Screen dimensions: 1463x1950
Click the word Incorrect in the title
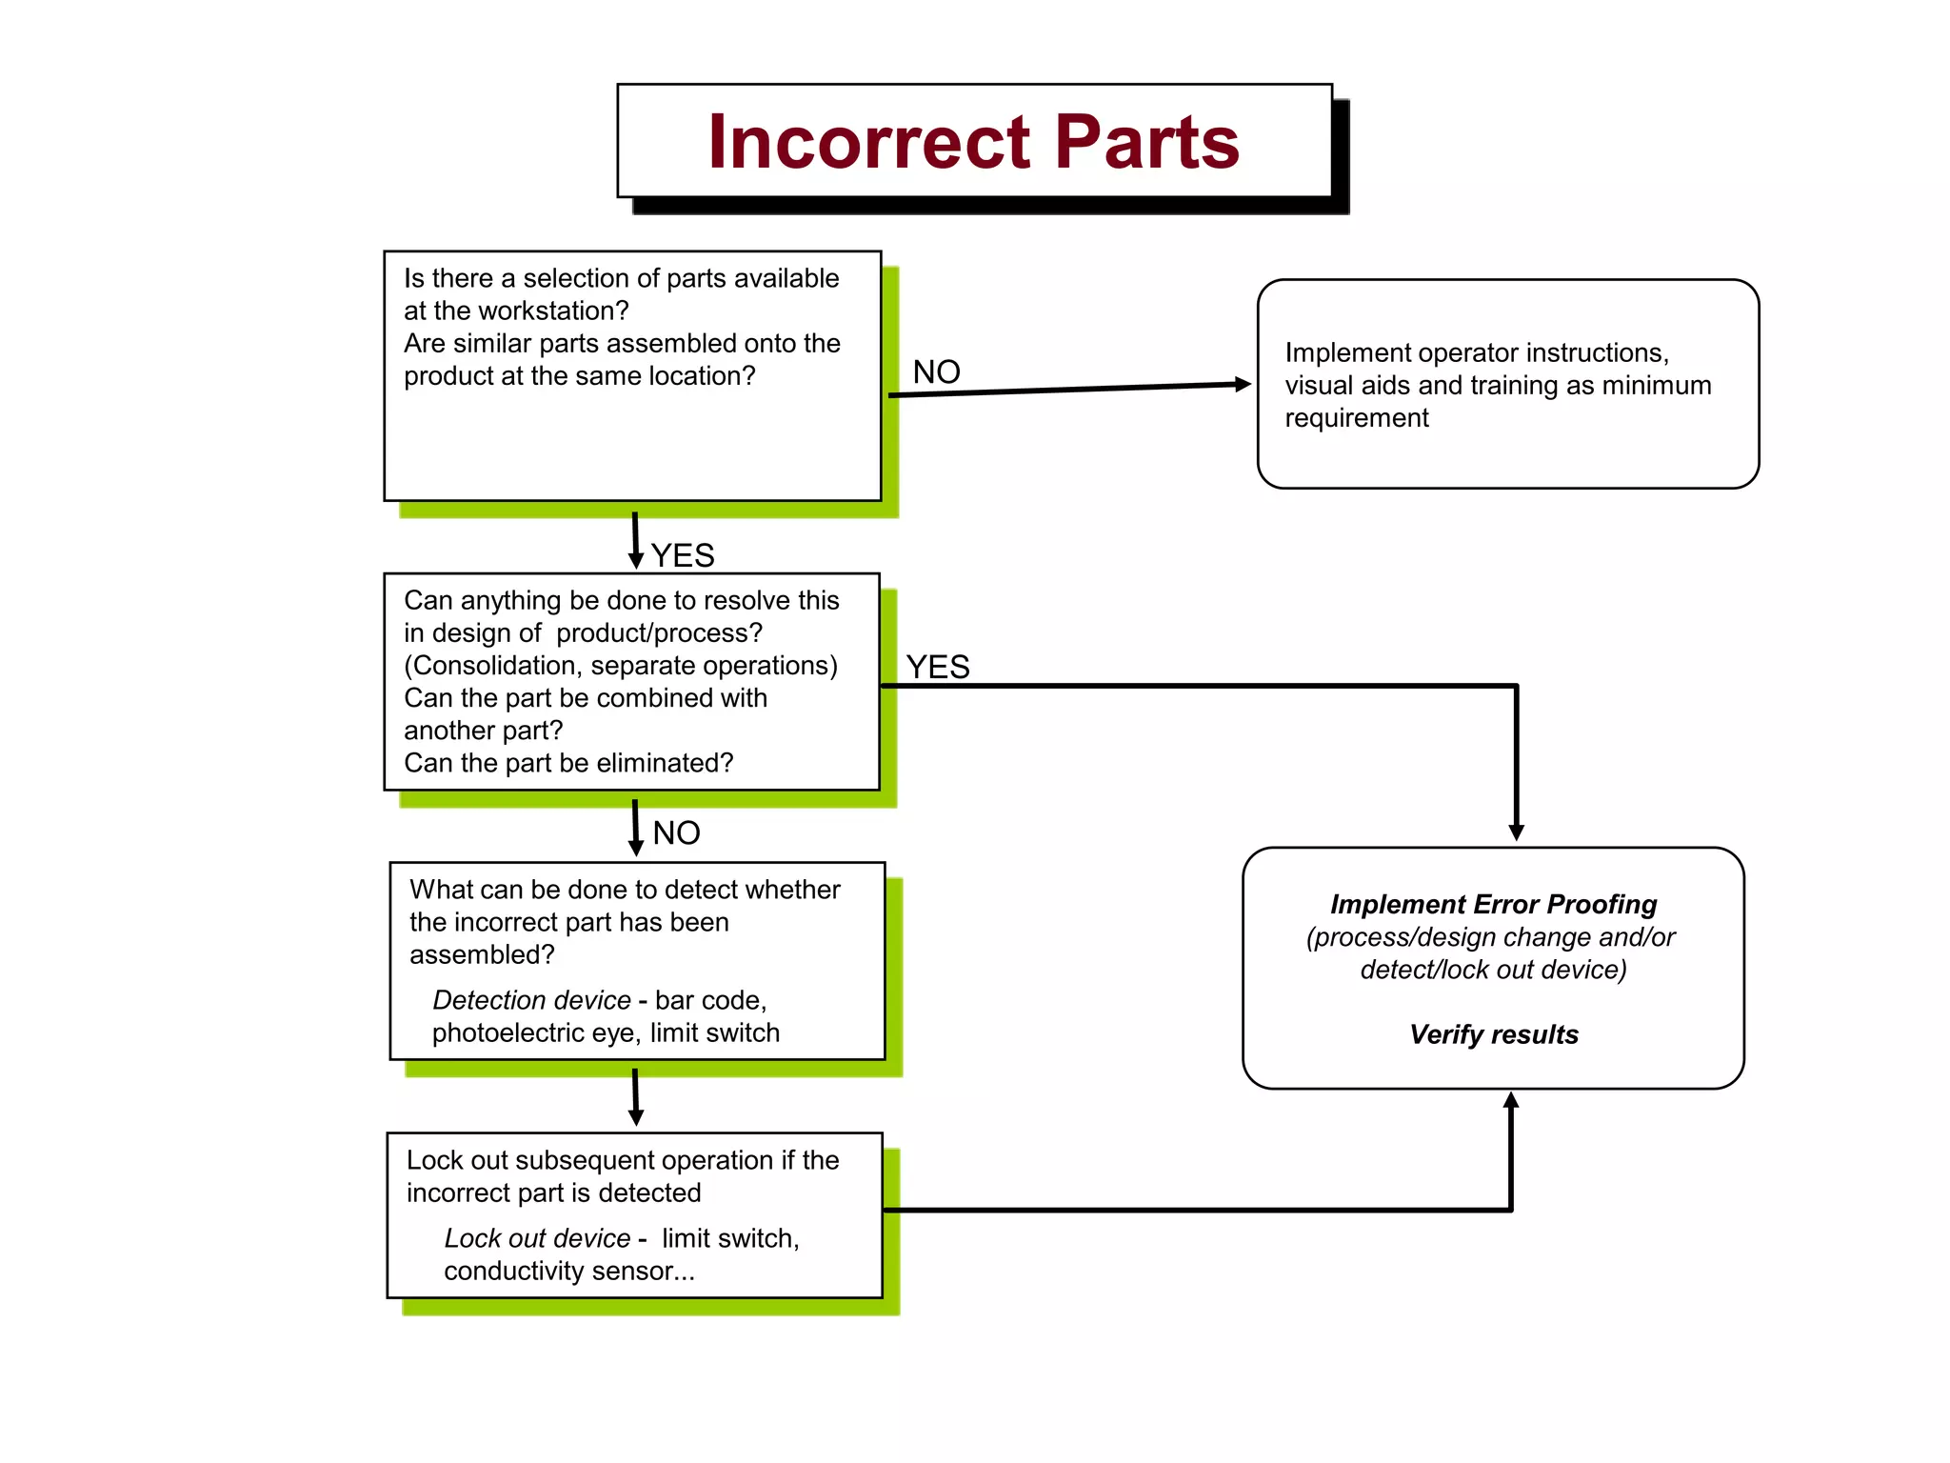868,143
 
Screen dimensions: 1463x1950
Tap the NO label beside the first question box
936,372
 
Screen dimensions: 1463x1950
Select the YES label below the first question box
683,555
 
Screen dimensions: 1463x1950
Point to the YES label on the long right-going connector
938,667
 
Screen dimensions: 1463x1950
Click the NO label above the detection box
677,833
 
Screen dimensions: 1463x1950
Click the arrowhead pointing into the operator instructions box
1243,384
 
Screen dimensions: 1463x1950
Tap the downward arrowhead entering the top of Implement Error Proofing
1517,832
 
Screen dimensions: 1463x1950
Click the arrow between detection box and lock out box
636,1097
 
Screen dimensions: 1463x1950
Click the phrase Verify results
1493,1034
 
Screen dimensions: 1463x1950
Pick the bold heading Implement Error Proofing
1493,904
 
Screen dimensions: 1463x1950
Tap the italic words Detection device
531,1000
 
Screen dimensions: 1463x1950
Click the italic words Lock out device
537,1238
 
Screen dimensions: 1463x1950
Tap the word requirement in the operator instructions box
1356,418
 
